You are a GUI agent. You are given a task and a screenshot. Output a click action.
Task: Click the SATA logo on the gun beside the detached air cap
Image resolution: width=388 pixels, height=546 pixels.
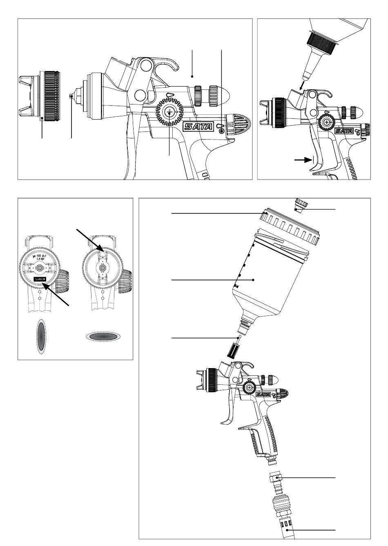pyautogui.click(x=198, y=127)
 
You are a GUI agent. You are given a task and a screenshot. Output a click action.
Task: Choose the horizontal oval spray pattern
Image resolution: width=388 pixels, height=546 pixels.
pyautogui.click(x=103, y=337)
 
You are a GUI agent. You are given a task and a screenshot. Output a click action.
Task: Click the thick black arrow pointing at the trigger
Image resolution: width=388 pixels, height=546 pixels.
pyautogui.click(x=303, y=160)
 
